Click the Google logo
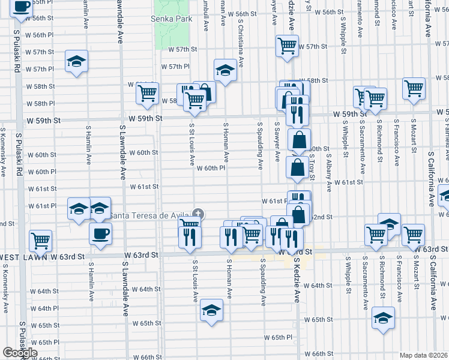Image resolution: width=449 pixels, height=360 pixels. coord(20,352)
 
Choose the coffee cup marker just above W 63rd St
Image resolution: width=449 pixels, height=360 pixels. coord(100,233)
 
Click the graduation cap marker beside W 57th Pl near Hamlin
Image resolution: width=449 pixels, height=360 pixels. coord(76,62)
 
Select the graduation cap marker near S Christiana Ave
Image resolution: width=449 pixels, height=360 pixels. coord(225,71)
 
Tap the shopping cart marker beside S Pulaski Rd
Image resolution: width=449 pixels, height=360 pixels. coord(41,241)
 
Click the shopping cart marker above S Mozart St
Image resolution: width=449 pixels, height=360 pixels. coord(414,88)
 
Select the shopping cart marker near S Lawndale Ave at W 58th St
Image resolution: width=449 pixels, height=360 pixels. coord(147,92)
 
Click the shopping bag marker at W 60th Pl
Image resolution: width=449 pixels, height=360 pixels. coord(298,167)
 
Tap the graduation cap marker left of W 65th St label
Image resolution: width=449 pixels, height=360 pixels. coord(211,310)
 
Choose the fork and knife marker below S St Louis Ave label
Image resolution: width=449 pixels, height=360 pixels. coord(190,238)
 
